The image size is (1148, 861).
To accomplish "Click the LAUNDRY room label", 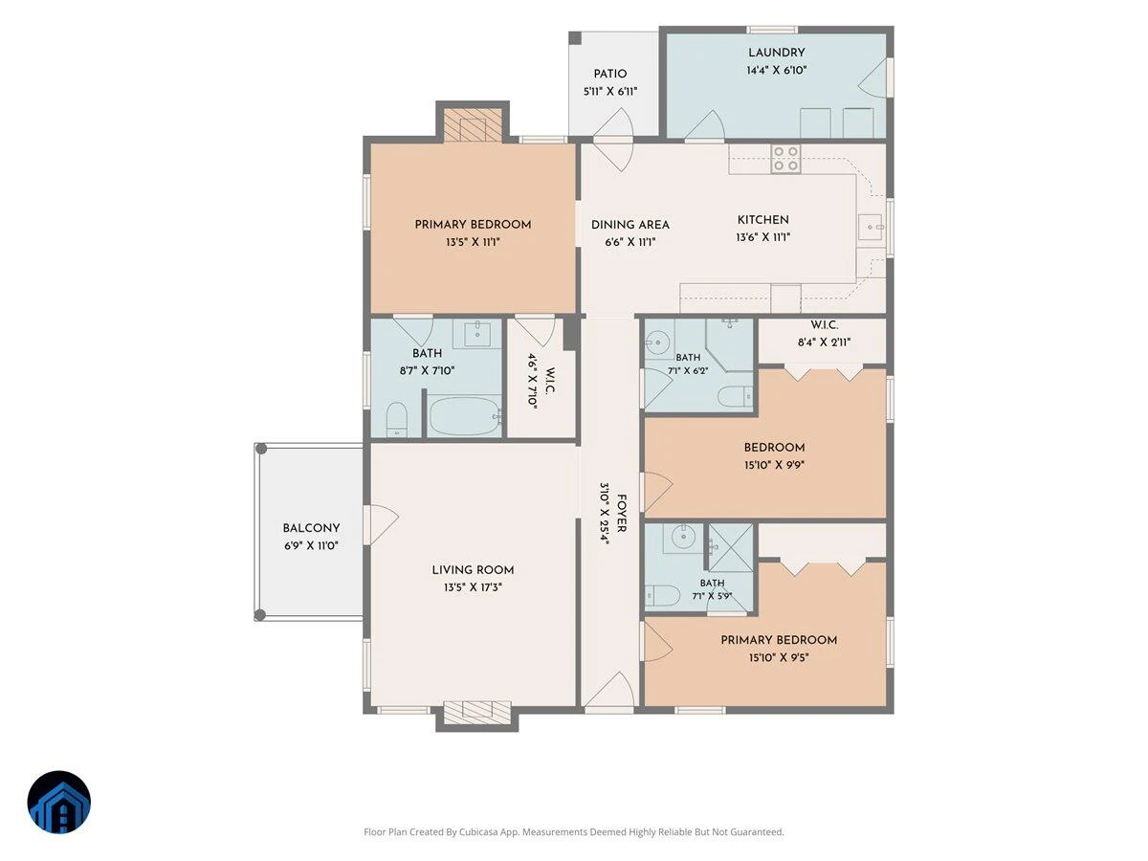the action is click(x=776, y=53).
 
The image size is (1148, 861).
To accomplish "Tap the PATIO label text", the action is click(x=609, y=74).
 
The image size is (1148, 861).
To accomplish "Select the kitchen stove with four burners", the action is click(x=785, y=159).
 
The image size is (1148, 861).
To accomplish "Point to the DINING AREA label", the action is click(x=629, y=225).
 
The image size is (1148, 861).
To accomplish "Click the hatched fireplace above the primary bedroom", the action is click(x=473, y=125).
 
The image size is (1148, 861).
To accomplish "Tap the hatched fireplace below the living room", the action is click(x=477, y=713).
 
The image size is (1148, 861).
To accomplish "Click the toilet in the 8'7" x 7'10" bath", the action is click(x=397, y=419).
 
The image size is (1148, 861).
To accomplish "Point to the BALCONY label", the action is click(x=311, y=528).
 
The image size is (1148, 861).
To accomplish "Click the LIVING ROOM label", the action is click(x=473, y=570).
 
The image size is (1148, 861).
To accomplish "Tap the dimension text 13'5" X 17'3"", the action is click(x=473, y=587).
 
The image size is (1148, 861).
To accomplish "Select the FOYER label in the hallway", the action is click(x=621, y=514).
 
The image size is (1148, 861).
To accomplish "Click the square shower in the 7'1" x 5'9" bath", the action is click(x=731, y=547).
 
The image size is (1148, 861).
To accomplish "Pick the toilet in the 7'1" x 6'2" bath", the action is click(x=735, y=397).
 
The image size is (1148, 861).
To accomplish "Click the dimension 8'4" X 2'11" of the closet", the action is click(x=825, y=342).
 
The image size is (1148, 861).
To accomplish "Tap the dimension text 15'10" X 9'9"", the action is click(x=774, y=465).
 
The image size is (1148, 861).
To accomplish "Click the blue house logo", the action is click(x=59, y=803).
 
